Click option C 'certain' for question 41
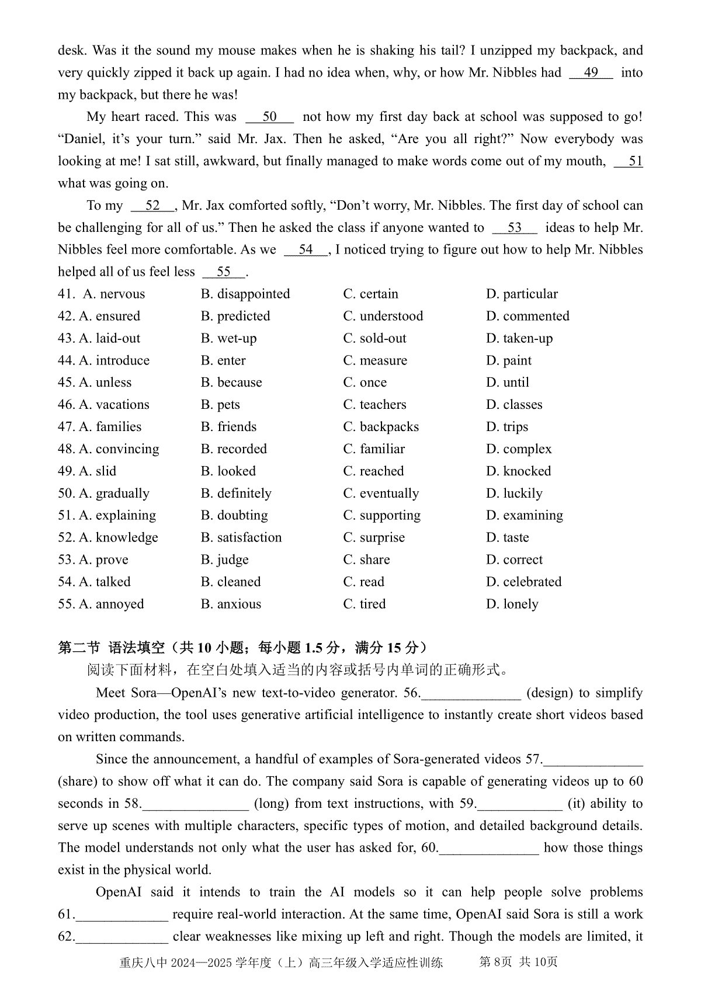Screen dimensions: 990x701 point(370,294)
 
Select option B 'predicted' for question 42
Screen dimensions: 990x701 point(235,316)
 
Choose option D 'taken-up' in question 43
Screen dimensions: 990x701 point(519,338)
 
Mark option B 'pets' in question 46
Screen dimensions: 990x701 point(220,405)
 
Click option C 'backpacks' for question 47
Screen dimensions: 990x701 point(381,427)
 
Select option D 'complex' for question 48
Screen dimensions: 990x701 point(519,449)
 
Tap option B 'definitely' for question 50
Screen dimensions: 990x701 point(236,494)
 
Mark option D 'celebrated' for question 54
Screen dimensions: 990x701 point(523,582)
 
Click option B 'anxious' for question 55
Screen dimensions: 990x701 point(231,604)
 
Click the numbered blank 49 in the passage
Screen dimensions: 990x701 point(591,73)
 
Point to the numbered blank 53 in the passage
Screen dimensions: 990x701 point(514,228)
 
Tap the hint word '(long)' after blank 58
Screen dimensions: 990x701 point(272,804)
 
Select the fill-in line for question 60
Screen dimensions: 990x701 point(488,848)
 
